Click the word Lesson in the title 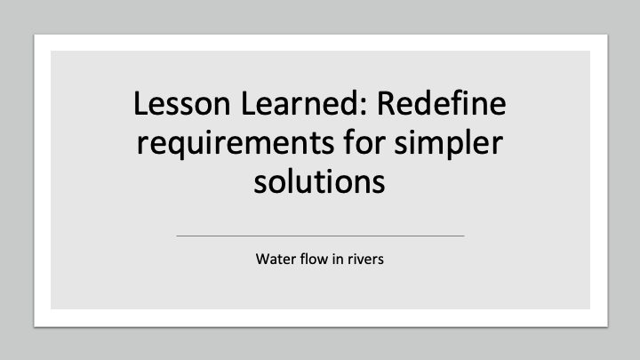[182, 104]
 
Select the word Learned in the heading [300, 104]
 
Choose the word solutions [320, 181]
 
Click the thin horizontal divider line [320, 236]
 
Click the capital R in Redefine [387, 104]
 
